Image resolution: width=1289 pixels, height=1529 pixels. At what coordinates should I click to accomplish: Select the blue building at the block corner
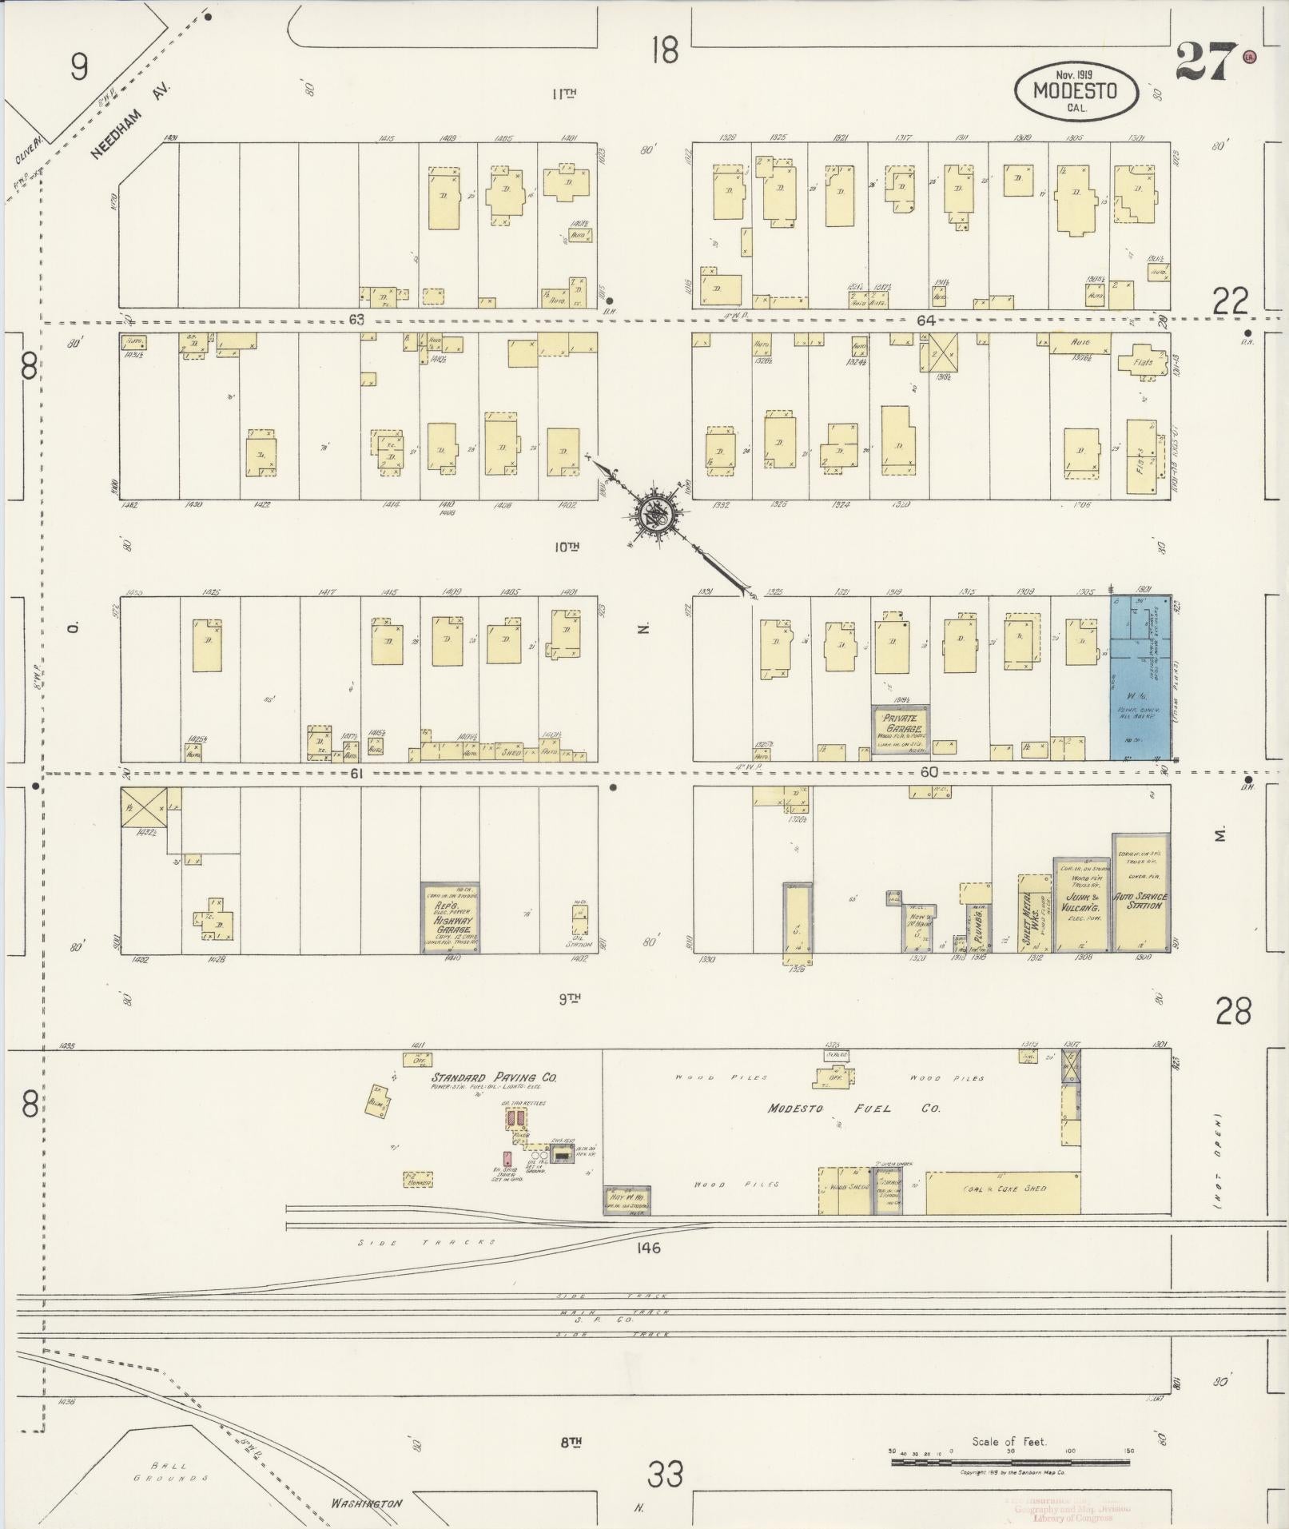[1141, 677]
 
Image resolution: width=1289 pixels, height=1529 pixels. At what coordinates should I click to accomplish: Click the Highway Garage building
[451, 918]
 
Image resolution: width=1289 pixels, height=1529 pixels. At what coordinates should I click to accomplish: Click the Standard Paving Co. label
[494, 1077]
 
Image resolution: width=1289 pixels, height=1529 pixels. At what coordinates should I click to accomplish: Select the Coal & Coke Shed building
[1003, 1193]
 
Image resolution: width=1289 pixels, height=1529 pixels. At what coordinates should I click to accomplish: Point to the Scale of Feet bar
[1009, 1463]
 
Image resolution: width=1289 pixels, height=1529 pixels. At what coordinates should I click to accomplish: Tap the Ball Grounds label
[169, 1472]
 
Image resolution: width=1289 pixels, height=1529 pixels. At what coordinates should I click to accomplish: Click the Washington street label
[367, 1503]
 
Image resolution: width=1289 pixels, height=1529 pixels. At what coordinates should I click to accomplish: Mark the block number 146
[648, 1248]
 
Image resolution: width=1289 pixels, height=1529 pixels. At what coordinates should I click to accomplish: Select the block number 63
[356, 320]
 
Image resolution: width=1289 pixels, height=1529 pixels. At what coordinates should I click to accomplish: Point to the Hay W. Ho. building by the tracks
[627, 1200]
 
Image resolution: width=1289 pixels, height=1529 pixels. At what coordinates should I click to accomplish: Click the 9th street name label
[568, 998]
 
